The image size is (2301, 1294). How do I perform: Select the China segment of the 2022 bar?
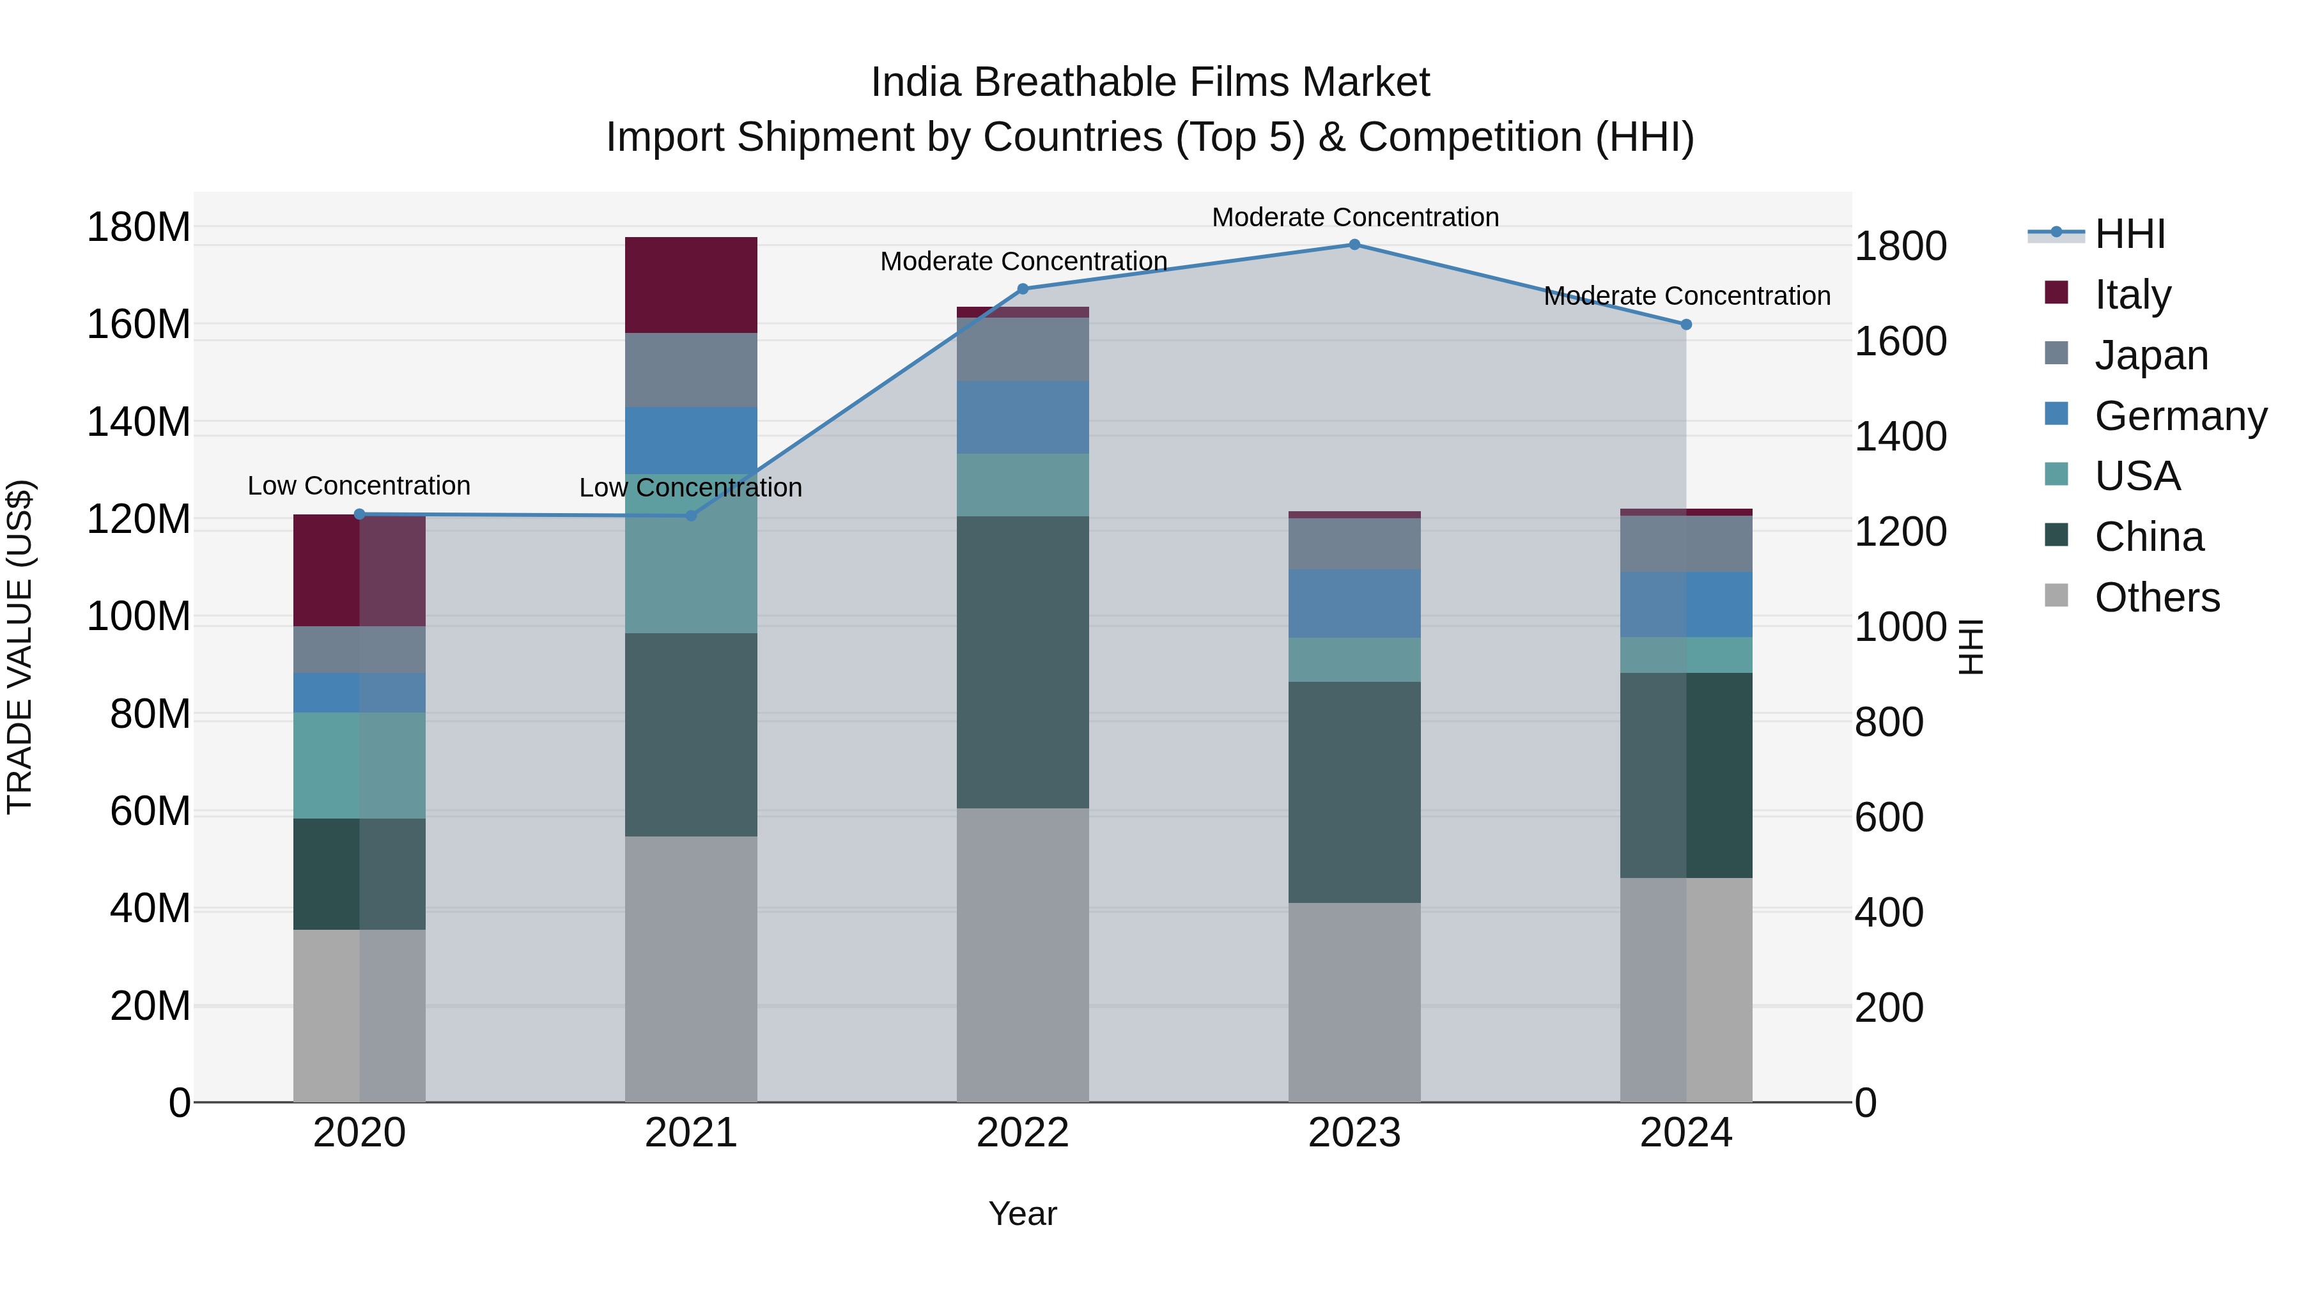[1023, 662]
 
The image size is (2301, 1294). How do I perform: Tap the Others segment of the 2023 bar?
[1354, 1002]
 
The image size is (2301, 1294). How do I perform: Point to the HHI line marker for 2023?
[1354, 245]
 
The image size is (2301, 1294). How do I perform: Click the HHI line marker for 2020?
[359, 514]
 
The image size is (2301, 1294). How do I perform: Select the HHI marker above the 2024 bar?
[1685, 325]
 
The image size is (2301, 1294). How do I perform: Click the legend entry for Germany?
[2180, 416]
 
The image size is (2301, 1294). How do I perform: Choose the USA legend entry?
[2137, 476]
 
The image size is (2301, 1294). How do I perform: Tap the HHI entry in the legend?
[2130, 234]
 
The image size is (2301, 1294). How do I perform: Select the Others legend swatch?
[2056, 596]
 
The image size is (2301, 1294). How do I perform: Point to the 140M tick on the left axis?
[139, 422]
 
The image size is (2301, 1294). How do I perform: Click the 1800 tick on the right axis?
[1900, 247]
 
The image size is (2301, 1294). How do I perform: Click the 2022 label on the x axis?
[1023, 1133]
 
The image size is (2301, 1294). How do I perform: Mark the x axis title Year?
[1023, 1213]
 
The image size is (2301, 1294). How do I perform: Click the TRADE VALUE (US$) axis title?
[20, 647]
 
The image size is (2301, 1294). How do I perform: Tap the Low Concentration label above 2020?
[359, 486]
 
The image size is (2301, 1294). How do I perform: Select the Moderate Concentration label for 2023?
[1354, 217]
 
